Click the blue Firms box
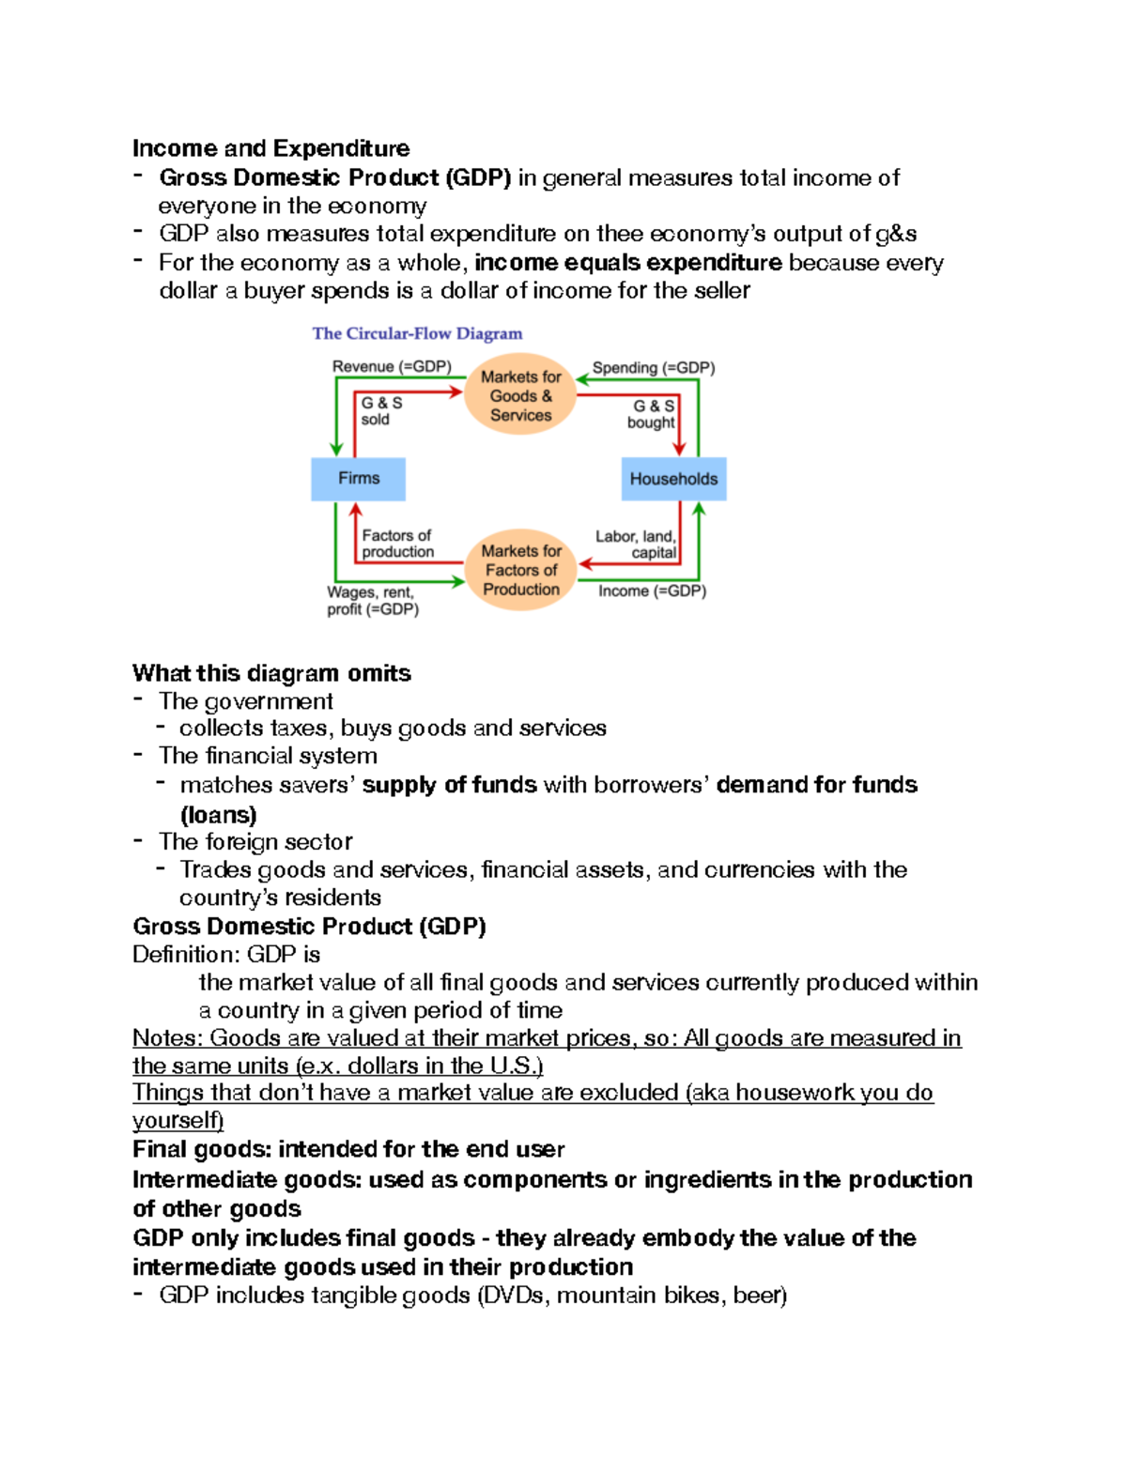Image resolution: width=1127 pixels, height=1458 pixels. pyautogui.click(x=358, y=479)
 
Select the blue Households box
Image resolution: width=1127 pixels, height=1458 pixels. pyautogui.click(x=673, y=479)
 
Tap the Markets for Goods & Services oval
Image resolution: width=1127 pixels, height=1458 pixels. pyautogui.click(x=520, y=395)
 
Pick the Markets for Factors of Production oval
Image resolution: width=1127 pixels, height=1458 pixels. pyautogui.click(x=520, y=570)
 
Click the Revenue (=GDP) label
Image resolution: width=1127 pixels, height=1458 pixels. pyautogui.click(x=392, y=366)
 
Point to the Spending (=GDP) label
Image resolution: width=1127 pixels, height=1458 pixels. pyautogui.click(x=653, y=368)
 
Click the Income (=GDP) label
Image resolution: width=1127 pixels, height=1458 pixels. pyautogui.click(x=652, y=591)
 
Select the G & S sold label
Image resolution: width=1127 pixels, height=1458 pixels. pyautogui.click(x=381, y=411)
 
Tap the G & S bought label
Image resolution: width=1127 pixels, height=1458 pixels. pyautogui.click(x=652, y=414)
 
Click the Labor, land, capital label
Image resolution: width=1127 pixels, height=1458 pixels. pyautogui.click(x=637, y=545)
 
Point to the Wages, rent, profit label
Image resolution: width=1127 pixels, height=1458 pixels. pyautogui.click(x=372, y=601)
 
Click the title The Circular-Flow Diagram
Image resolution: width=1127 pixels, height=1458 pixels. pyautogui.click(x=417, y=333)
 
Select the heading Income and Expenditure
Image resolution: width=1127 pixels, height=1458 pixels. pyautogui.click(x=270, y=148)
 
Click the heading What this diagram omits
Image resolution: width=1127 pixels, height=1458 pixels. pyautogui.click(x=271, y=673)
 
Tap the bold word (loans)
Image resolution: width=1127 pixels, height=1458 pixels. pyautogui.click(x=218, y=814)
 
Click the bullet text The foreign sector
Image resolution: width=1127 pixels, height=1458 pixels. pyautogui.click(x=255, y=841)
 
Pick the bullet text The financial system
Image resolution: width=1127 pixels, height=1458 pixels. pyautogui.click(x=268, y=756)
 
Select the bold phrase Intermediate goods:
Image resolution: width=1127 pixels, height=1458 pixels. pyautogui.click(x=247, y=1179)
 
